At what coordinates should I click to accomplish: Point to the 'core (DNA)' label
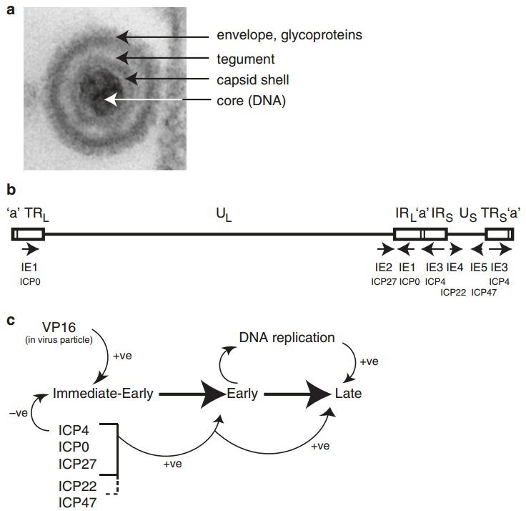251,101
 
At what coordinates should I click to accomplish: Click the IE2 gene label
384,267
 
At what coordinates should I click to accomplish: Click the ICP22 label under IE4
453,291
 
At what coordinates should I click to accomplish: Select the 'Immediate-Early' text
104,393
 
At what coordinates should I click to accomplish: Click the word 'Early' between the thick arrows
242,394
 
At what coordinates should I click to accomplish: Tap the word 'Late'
349,394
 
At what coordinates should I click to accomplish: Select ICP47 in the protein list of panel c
78,502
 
